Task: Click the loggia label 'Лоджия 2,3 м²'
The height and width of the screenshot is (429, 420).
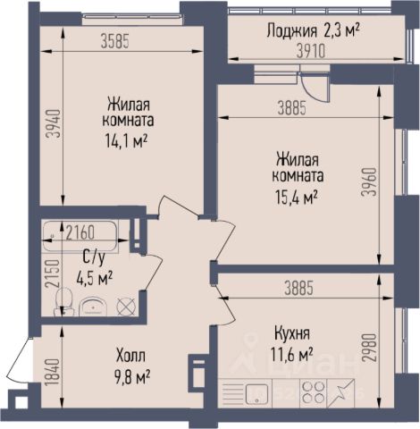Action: [x=313, y=31]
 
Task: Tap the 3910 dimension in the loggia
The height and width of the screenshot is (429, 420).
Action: [x=311, y=52]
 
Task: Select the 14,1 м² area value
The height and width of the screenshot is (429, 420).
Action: [x=126, y=140]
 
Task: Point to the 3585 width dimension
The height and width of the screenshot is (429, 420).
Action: [x=115, y=41]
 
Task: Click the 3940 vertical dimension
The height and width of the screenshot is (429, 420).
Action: [x=55, y=124]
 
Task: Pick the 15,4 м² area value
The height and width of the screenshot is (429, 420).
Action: [x=296, y=198]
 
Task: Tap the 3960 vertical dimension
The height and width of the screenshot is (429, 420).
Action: [x=369, y=181]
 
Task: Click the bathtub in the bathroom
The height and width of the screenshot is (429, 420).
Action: [x=80, y=236]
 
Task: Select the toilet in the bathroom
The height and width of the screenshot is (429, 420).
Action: [x=63, y=301]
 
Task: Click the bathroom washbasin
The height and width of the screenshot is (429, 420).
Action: [x=93, y=307]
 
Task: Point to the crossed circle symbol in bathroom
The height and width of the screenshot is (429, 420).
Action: [x=126, y=307]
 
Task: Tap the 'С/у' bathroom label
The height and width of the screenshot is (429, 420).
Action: [x=94, y=258]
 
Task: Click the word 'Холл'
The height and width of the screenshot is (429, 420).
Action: [x=131, y=356]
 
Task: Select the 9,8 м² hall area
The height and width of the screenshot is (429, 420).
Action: [x=131, y=377]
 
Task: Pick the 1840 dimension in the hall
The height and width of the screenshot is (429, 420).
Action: [x=55, y=373]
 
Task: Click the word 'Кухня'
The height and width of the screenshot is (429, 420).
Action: [x=292, y=333]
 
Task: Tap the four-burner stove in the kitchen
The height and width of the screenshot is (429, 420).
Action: [x=314, y=392]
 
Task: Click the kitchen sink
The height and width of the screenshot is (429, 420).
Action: [x=257, y=393]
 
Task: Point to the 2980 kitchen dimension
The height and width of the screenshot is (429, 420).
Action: [x=369, y=348]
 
